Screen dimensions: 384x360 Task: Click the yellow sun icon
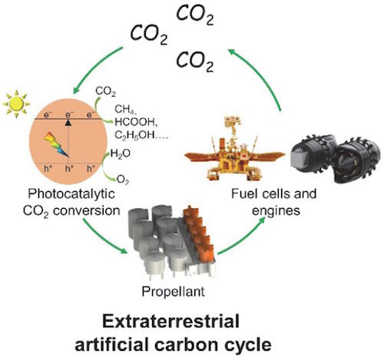[17, 104]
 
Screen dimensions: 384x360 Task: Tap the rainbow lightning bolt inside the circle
[56, 144]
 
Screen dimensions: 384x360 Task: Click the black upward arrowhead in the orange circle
[68, 123]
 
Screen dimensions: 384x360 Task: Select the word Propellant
[174, 292]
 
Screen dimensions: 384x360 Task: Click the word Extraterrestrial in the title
[170, 321]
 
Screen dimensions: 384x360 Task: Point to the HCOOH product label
[135, 122]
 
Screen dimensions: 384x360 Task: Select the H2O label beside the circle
[121, 154]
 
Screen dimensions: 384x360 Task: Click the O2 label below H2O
[123, 180]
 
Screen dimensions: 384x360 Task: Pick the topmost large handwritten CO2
[195, 15]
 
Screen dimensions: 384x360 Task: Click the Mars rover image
[234, 149]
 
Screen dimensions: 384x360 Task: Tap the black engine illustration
[336, 158]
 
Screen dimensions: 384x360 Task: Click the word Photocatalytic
[71, 193]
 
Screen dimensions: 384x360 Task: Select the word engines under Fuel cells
[276, 211]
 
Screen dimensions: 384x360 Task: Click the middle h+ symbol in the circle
[69, 169]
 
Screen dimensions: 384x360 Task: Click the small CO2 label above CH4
[105, 91]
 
